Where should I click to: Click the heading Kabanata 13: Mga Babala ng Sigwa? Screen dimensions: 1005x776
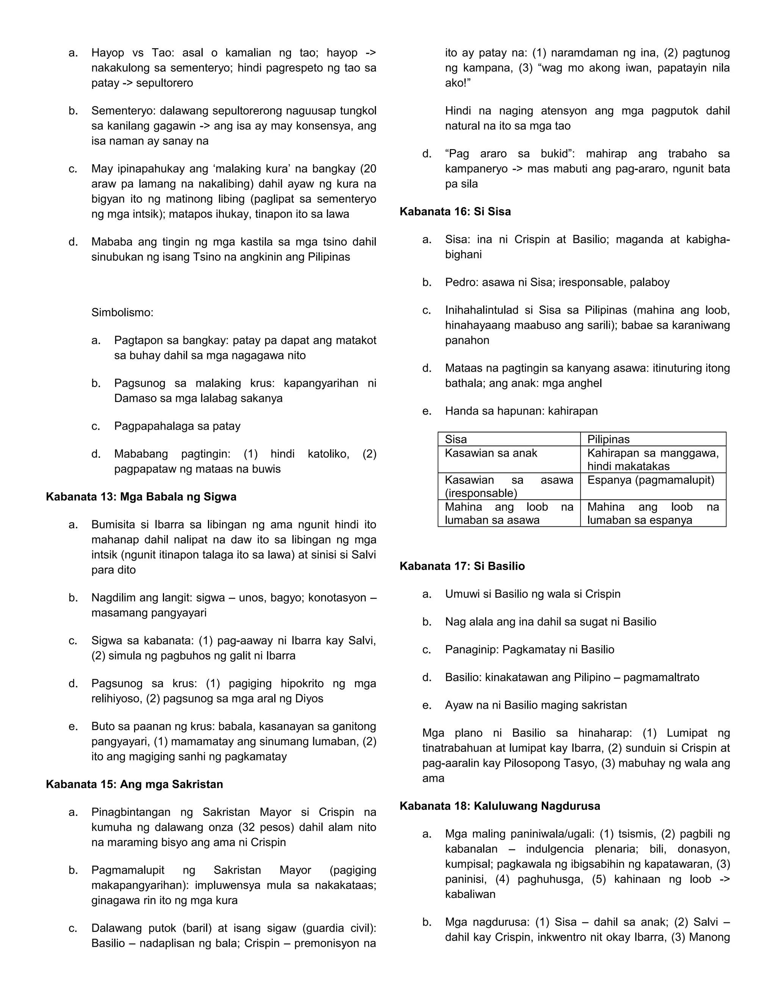tap(141, 496)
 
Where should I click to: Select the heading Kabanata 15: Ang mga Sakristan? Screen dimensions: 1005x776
tap(134, 784)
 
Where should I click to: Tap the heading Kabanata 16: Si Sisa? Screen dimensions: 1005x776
tap(455, 211)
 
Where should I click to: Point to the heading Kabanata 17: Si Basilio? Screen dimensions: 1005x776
tap(462, 566)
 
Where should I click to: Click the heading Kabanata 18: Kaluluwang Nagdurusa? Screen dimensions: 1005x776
tap(499, 806)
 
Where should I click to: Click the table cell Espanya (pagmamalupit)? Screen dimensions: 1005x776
tap(650, 480)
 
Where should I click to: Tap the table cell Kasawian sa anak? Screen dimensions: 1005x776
tap(491, 453)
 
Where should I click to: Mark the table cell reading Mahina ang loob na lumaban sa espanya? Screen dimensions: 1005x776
tap(652, 513)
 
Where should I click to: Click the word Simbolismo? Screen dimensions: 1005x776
tap(122, 312)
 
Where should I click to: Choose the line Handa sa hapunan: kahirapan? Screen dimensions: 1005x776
tap(521, 411)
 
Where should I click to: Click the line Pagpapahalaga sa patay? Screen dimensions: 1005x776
tap(177, 426)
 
